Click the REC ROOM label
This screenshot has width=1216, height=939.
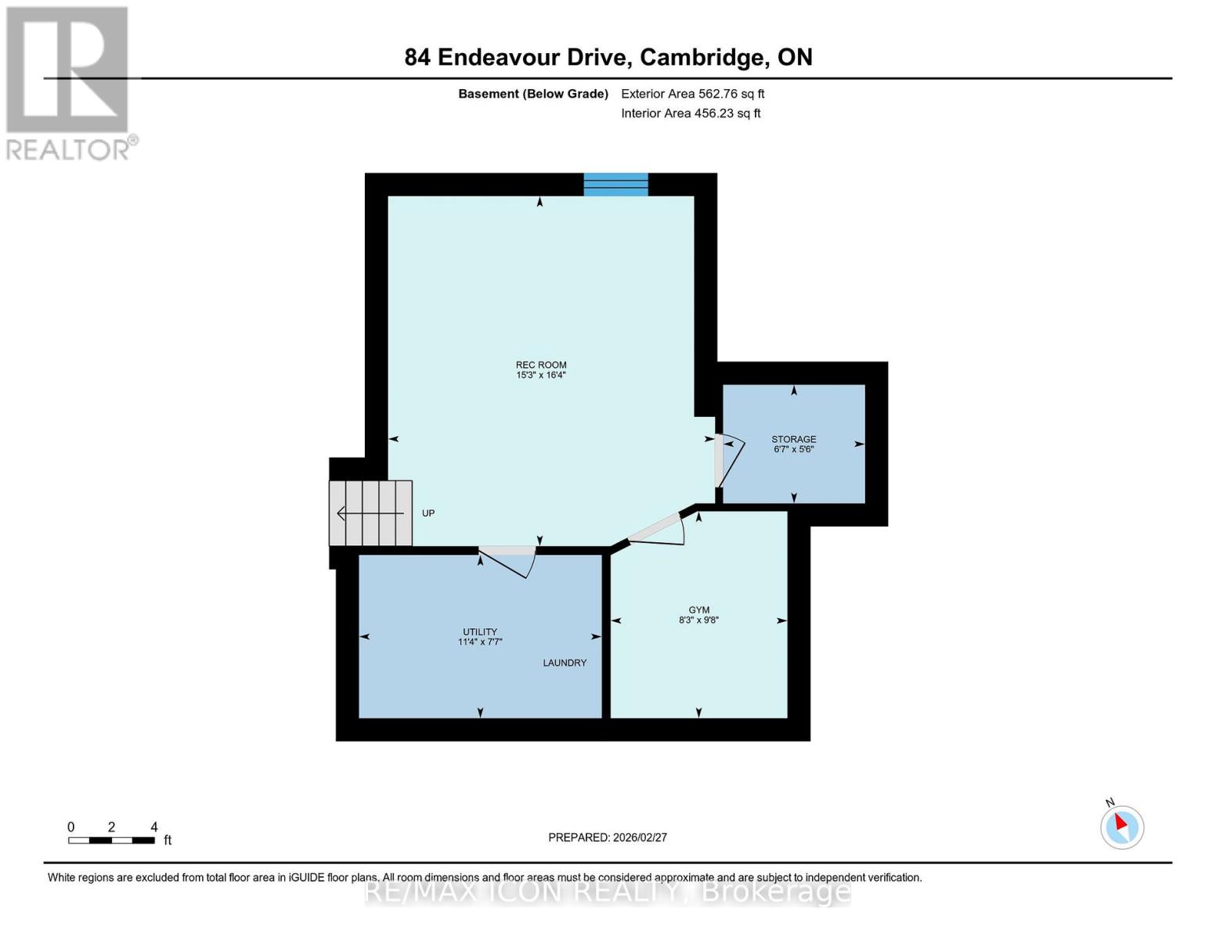[540, 365]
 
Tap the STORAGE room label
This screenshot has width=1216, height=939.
[793, 439]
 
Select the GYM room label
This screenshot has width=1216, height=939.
[698, 610]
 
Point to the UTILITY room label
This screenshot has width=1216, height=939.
[479, 631]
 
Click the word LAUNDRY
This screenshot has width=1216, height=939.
[565, 663]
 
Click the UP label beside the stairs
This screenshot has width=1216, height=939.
[428, 513]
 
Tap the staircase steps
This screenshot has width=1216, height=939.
[370, 513]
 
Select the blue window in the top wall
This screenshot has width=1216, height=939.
[616, 185]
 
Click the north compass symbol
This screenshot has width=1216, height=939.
[1121, 826]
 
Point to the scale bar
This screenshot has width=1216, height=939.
[111, 840]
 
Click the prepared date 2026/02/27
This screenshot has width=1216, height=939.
[640, 837]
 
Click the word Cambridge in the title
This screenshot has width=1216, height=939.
[702, 57]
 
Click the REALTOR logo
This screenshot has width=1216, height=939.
[69, 82]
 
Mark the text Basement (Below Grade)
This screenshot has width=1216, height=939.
[533, 94]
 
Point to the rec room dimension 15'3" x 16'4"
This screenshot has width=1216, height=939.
[540, 376]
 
